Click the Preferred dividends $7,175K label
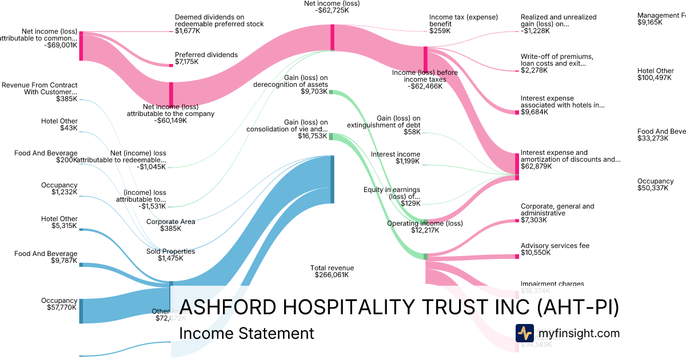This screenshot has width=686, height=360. click(206, 59)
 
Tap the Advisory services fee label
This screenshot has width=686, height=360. click(555, 250)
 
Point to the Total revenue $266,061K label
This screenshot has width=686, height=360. click(332, 271)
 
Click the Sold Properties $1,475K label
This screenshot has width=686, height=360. click(171, 255)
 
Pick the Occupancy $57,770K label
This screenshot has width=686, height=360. click(59, 305)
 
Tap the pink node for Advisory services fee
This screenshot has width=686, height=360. click(517, 256)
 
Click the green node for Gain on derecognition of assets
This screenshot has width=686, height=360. click(330, 92)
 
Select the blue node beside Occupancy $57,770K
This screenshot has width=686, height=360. click(81, 311)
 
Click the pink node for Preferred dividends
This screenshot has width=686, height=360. click(171, 65)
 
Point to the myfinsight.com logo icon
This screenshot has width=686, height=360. click(524, 333)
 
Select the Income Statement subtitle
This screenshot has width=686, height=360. click(246, 333)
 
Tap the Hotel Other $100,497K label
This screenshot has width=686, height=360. click(656, 74)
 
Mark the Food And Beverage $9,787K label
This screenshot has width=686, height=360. click(46, 258)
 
